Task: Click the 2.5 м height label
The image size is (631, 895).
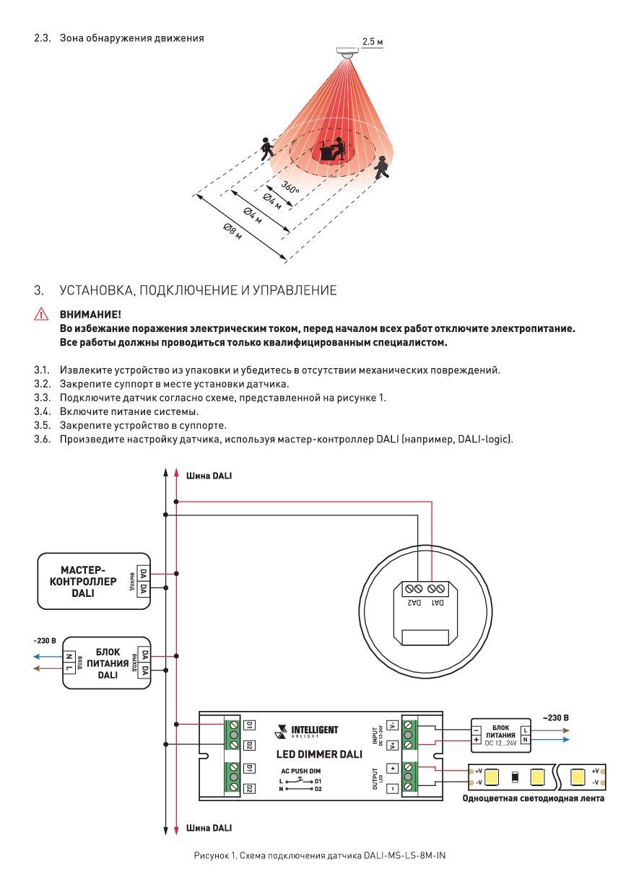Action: point(373,43)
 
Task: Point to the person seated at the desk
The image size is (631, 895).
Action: point(334,149)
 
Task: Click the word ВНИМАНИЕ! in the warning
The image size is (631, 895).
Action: point(90,315)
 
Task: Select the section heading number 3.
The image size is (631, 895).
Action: point(38,291)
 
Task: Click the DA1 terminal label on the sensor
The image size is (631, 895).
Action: point(437,601)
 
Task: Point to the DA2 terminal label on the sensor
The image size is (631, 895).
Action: point(414,601)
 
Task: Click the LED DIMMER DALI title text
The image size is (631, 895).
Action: point(319,754)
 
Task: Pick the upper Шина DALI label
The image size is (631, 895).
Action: point(209,476)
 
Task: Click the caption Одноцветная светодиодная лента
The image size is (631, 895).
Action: point(534,798)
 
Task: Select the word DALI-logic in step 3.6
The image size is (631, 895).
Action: point(483,438)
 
